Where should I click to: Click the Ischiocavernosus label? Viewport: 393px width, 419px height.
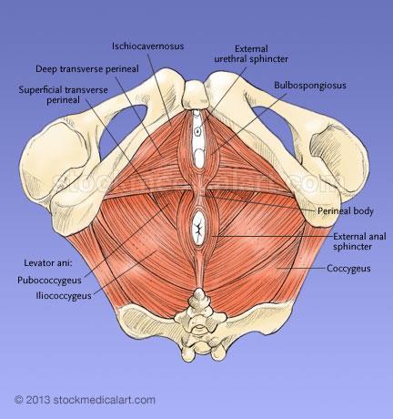(x=148, y=46)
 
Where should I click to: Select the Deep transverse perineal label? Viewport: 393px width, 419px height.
(x=87, y=69)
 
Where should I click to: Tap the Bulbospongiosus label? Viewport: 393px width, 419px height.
(x=310, y=86)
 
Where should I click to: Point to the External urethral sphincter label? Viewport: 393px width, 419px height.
(x=251, y=54)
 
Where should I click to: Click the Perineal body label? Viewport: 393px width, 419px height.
(x=346, y=210)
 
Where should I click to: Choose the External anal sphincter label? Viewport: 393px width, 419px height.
(x=359, y=241)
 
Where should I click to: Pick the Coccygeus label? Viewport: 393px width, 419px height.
(x=348, y=269)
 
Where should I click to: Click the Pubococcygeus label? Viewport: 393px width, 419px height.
(x=49, y=280)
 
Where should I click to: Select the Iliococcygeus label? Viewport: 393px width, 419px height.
(x=64, y=295)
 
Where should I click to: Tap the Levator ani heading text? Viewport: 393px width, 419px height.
(x=48, y=262)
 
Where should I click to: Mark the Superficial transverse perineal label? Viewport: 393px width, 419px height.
(x=64, y=95)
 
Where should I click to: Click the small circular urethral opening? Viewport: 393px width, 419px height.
(x=197, y=131)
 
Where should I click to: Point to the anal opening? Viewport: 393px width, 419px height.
(x=198, y=229)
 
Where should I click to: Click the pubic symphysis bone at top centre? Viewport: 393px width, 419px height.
(x=196, y=95)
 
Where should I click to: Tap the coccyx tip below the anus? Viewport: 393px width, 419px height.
(x=199, y=294)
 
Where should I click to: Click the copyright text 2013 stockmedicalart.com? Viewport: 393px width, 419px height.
(x=85, y=400)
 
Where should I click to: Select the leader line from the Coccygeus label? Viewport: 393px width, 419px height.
(x=301, y=268)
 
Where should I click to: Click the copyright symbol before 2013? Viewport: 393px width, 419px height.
(x=19, y=400)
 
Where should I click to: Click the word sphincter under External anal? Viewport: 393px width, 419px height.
(x=352, y=246)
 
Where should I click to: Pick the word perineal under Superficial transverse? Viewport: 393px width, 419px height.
(x=64, y=100)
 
